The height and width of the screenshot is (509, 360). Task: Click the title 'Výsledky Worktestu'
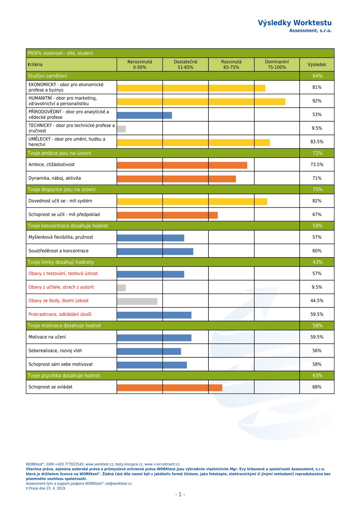pos(295,23)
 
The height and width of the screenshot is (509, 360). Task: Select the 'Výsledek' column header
pos(317,65)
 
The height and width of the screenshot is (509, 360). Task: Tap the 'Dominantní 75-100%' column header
pos(277,65)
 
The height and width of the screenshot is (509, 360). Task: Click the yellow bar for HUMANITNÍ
pos(201,102)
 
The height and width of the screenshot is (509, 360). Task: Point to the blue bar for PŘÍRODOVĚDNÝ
pos(144,115)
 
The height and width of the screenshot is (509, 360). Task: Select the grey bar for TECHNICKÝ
pos(121,129)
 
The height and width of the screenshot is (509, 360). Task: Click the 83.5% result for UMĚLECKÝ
pos(317,142)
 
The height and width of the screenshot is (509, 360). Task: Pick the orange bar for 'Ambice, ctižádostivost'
pos(182,165)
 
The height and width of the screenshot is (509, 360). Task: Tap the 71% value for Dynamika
pos(317,178)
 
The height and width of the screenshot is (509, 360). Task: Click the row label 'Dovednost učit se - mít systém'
pos(60,201)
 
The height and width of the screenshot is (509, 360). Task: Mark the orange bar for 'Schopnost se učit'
pos(167,215)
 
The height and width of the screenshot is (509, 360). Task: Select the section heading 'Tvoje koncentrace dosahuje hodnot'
pos(68,226)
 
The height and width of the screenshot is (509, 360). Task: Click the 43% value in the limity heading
pos(317,262)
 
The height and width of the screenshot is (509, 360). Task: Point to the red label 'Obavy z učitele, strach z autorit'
pos(61,287)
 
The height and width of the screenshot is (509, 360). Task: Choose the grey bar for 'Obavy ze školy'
pos(137,301)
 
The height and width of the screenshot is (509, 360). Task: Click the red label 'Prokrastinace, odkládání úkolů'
pos(60,314)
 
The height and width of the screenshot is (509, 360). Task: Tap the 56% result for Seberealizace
pos(317,351)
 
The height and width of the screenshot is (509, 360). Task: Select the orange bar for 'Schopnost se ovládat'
pos(170,388)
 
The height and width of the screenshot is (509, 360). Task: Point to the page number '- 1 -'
pos(180,495)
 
